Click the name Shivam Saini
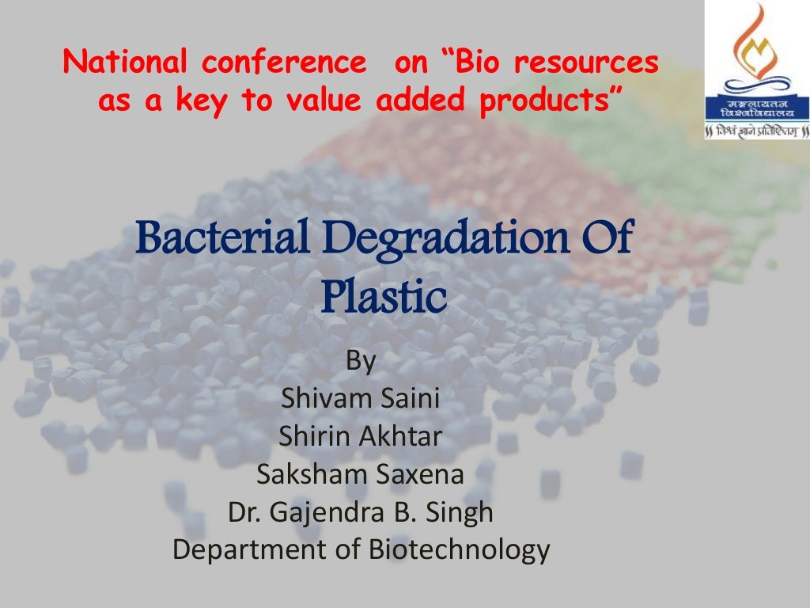[360, 397]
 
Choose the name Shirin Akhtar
[360, 435]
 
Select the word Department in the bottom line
[256, 549]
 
